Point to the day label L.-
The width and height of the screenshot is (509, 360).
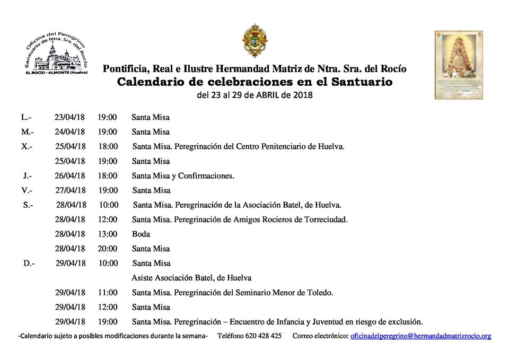(x=26, y=117)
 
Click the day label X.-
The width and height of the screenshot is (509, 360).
(x=27, y=146)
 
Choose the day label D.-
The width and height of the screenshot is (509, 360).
(x=29, y=263)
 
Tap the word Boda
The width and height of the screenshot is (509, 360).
(x=141, y=234)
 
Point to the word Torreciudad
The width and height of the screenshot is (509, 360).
(x=324, y=219)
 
